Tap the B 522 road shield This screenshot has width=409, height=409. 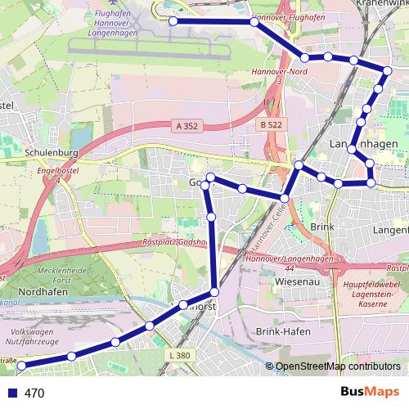point(270,124)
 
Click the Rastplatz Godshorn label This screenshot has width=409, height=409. point(175,243)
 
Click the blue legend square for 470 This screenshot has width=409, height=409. point(10,393)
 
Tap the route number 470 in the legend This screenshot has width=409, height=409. point(34,393)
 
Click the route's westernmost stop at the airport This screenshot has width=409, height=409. point(173,21)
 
